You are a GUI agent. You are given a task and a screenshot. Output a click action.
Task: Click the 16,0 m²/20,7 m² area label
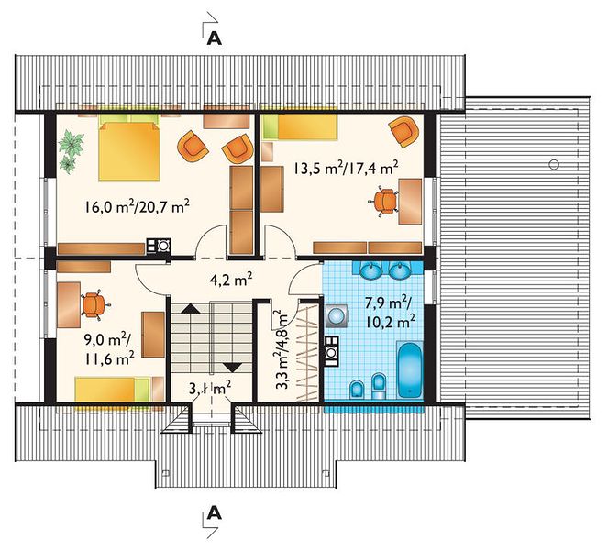(x=138, y=206)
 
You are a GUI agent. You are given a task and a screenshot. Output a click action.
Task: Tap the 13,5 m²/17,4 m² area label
(x=346, y=169)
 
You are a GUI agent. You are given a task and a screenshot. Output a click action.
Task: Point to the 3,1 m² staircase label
(x=210, y=388)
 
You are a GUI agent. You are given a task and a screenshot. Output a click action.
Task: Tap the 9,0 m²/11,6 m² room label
(x=109, y=349)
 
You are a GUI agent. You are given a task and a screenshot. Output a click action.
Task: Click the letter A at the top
(x=215, y=38)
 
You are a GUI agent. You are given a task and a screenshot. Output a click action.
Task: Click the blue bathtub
(x=410, y=369)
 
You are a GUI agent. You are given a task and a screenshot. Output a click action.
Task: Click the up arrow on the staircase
(x=191, y=308)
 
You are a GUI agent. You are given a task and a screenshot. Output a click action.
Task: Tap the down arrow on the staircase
(x=234, y=368)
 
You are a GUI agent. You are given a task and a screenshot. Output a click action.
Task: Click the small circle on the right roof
(x=554, y=164)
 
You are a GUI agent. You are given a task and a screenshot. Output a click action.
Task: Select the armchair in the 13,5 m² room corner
(x=404, y=131)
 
